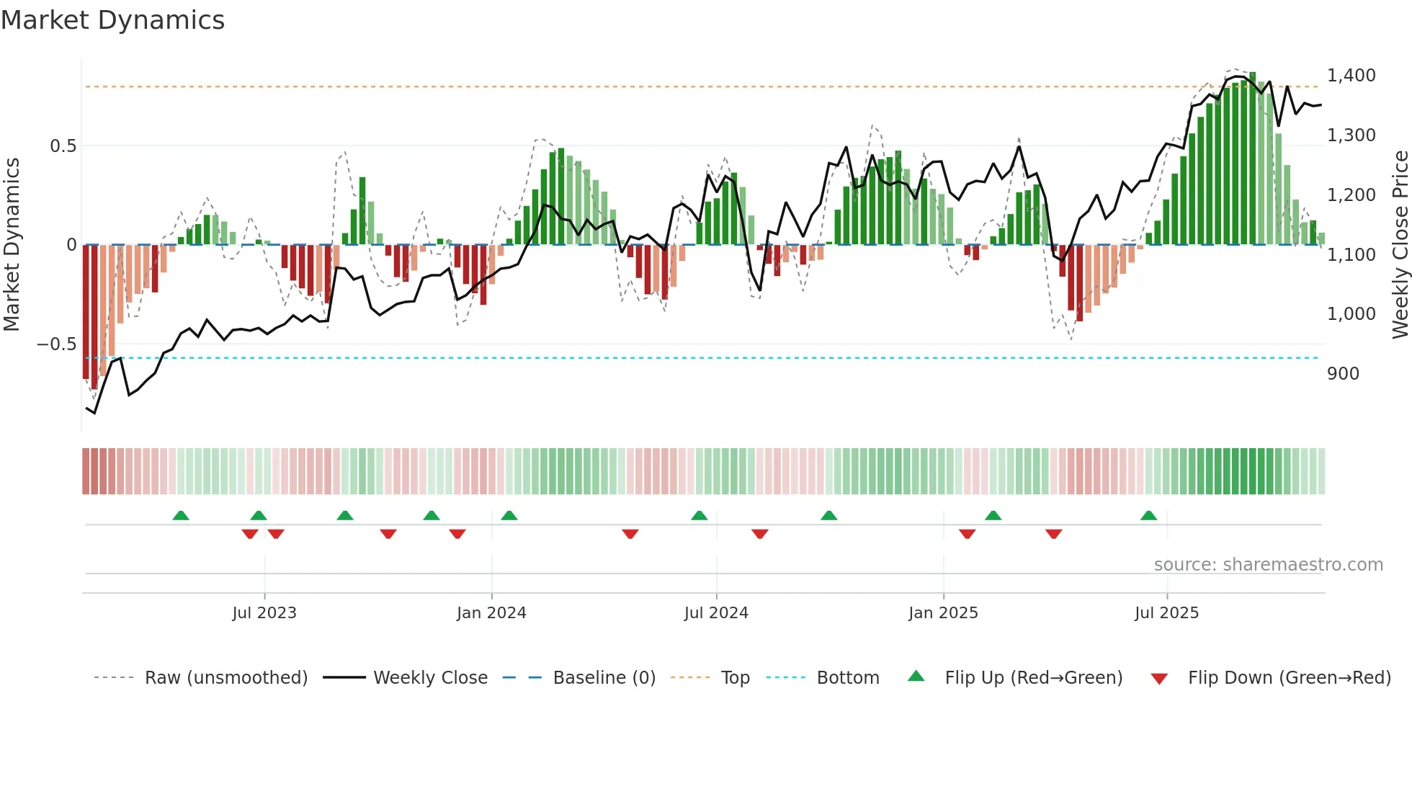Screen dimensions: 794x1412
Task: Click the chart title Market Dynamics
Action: (x=112, y=20)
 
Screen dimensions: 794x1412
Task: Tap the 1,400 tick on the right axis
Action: (x=1351, y=76)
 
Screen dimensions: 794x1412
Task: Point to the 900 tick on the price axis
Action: (x=1343, y=374)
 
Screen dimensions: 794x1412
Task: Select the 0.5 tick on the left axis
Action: (x=63, y=146)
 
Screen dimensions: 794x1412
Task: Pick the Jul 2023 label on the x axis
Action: (x=264, y=613)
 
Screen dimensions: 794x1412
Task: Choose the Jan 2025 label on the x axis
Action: (x=943, y=613)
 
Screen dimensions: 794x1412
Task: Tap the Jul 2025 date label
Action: (x=1166, y=613)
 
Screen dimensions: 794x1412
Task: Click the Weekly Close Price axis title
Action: (x=1400, y=245)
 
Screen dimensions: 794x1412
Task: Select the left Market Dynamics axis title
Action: (x=12, y=245)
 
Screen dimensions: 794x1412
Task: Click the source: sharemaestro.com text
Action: (x=1268, y=565)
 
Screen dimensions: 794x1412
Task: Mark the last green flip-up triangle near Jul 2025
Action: (x=1148, y=516)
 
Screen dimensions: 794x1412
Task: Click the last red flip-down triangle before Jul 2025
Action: (x=1053, y=534)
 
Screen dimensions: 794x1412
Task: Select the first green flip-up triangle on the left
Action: (x=181, y=516)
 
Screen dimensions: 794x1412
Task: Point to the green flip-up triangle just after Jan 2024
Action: (x=509, y=516)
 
